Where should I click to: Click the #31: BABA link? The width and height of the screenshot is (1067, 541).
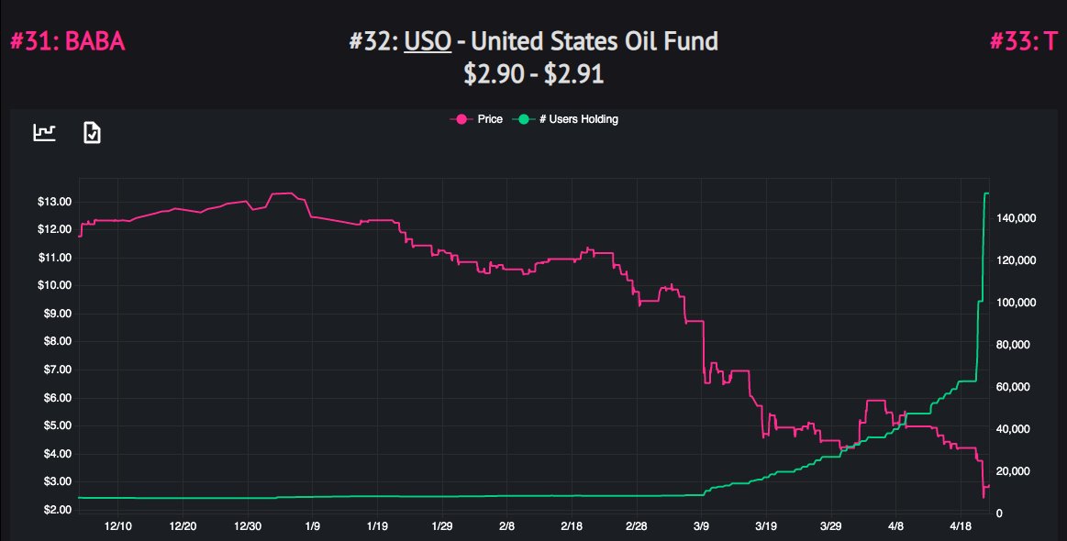coord(67,41)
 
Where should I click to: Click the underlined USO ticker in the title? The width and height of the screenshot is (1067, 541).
coord(427,41)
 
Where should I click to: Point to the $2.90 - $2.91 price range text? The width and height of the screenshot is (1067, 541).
coord(533,73)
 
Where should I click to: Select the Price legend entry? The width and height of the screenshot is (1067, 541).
coord(477,119)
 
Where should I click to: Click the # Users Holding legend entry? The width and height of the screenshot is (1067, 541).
coord(569,119)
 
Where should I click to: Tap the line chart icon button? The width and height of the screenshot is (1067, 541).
coord(45,133)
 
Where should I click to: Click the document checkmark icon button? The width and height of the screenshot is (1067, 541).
coord(92,133)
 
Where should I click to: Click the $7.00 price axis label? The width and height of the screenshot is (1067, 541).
coord(54,370)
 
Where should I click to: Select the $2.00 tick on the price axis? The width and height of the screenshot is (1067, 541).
coord(54,510)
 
